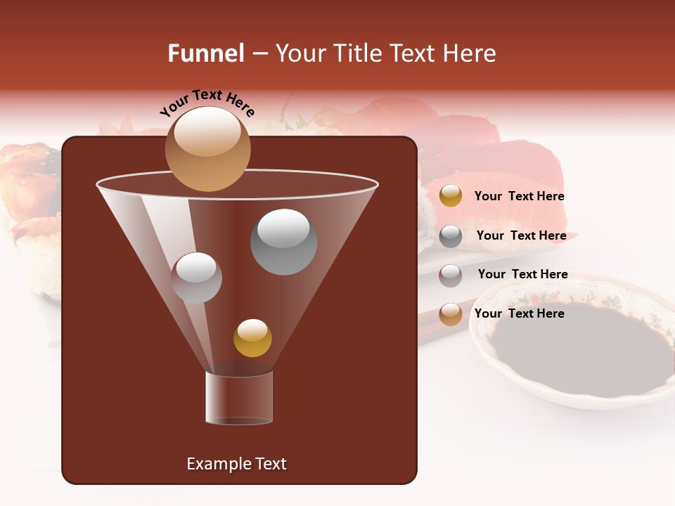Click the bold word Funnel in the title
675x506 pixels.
[206, 53]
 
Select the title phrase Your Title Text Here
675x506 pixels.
[385, 53]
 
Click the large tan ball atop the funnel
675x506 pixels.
[208, 148]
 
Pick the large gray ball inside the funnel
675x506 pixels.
[283, 242]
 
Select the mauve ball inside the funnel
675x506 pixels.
[196, 278]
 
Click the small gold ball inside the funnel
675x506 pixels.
[252, 337]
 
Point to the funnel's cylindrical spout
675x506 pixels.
[239, 397]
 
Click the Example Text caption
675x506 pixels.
[237, 464]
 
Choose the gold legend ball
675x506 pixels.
[451, 196]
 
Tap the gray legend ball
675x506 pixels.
[451, 236]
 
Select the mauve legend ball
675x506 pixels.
[451, 275]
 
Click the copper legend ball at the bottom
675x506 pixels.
[451, 314]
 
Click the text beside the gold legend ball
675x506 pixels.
[519, 197]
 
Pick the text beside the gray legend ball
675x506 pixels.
[521, 236]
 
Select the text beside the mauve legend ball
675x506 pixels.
[522, 275]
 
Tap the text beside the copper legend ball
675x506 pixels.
[519, 314]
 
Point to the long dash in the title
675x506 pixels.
[259, 53]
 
